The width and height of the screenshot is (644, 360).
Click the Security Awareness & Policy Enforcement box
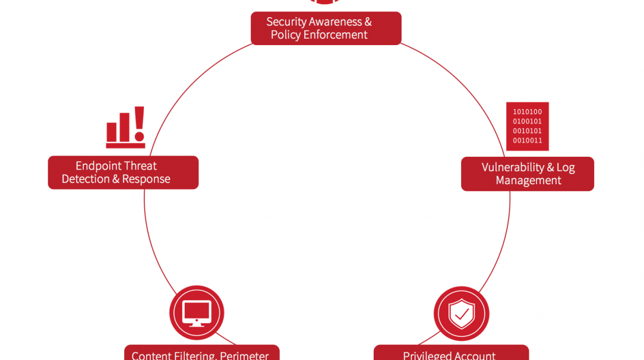tap(326, 29)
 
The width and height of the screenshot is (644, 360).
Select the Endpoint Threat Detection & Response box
tap(123, 172)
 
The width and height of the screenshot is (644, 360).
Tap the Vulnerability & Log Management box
tap(528, 174)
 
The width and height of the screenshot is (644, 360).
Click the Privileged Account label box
tap(451, 353)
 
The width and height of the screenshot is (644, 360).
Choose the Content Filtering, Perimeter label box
tap(201, 353)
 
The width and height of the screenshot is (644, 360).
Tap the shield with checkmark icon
tap(462, 313)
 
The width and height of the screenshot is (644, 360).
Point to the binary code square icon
tap(528, 127)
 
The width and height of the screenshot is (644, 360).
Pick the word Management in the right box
tap(528, 181)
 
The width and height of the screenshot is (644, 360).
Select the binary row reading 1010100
tap(528, 112)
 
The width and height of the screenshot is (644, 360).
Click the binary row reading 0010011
tap(528, 141)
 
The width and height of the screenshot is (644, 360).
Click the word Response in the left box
tap(146, 179)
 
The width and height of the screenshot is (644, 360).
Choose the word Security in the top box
tap(287, 22)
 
